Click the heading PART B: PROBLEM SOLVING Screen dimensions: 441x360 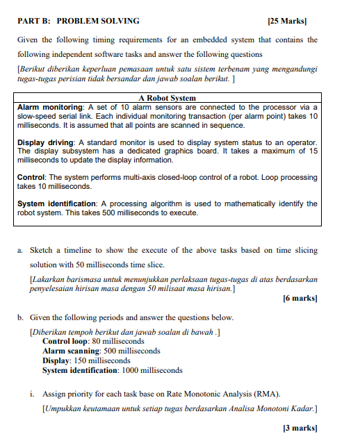coord(78,21)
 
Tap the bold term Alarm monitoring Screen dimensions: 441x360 coord(49,108)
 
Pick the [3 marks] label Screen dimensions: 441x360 coord(300,428)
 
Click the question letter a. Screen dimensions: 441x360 coord(19,250)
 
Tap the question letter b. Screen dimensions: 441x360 coord(19,317)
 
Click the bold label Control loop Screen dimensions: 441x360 coord(65,341)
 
